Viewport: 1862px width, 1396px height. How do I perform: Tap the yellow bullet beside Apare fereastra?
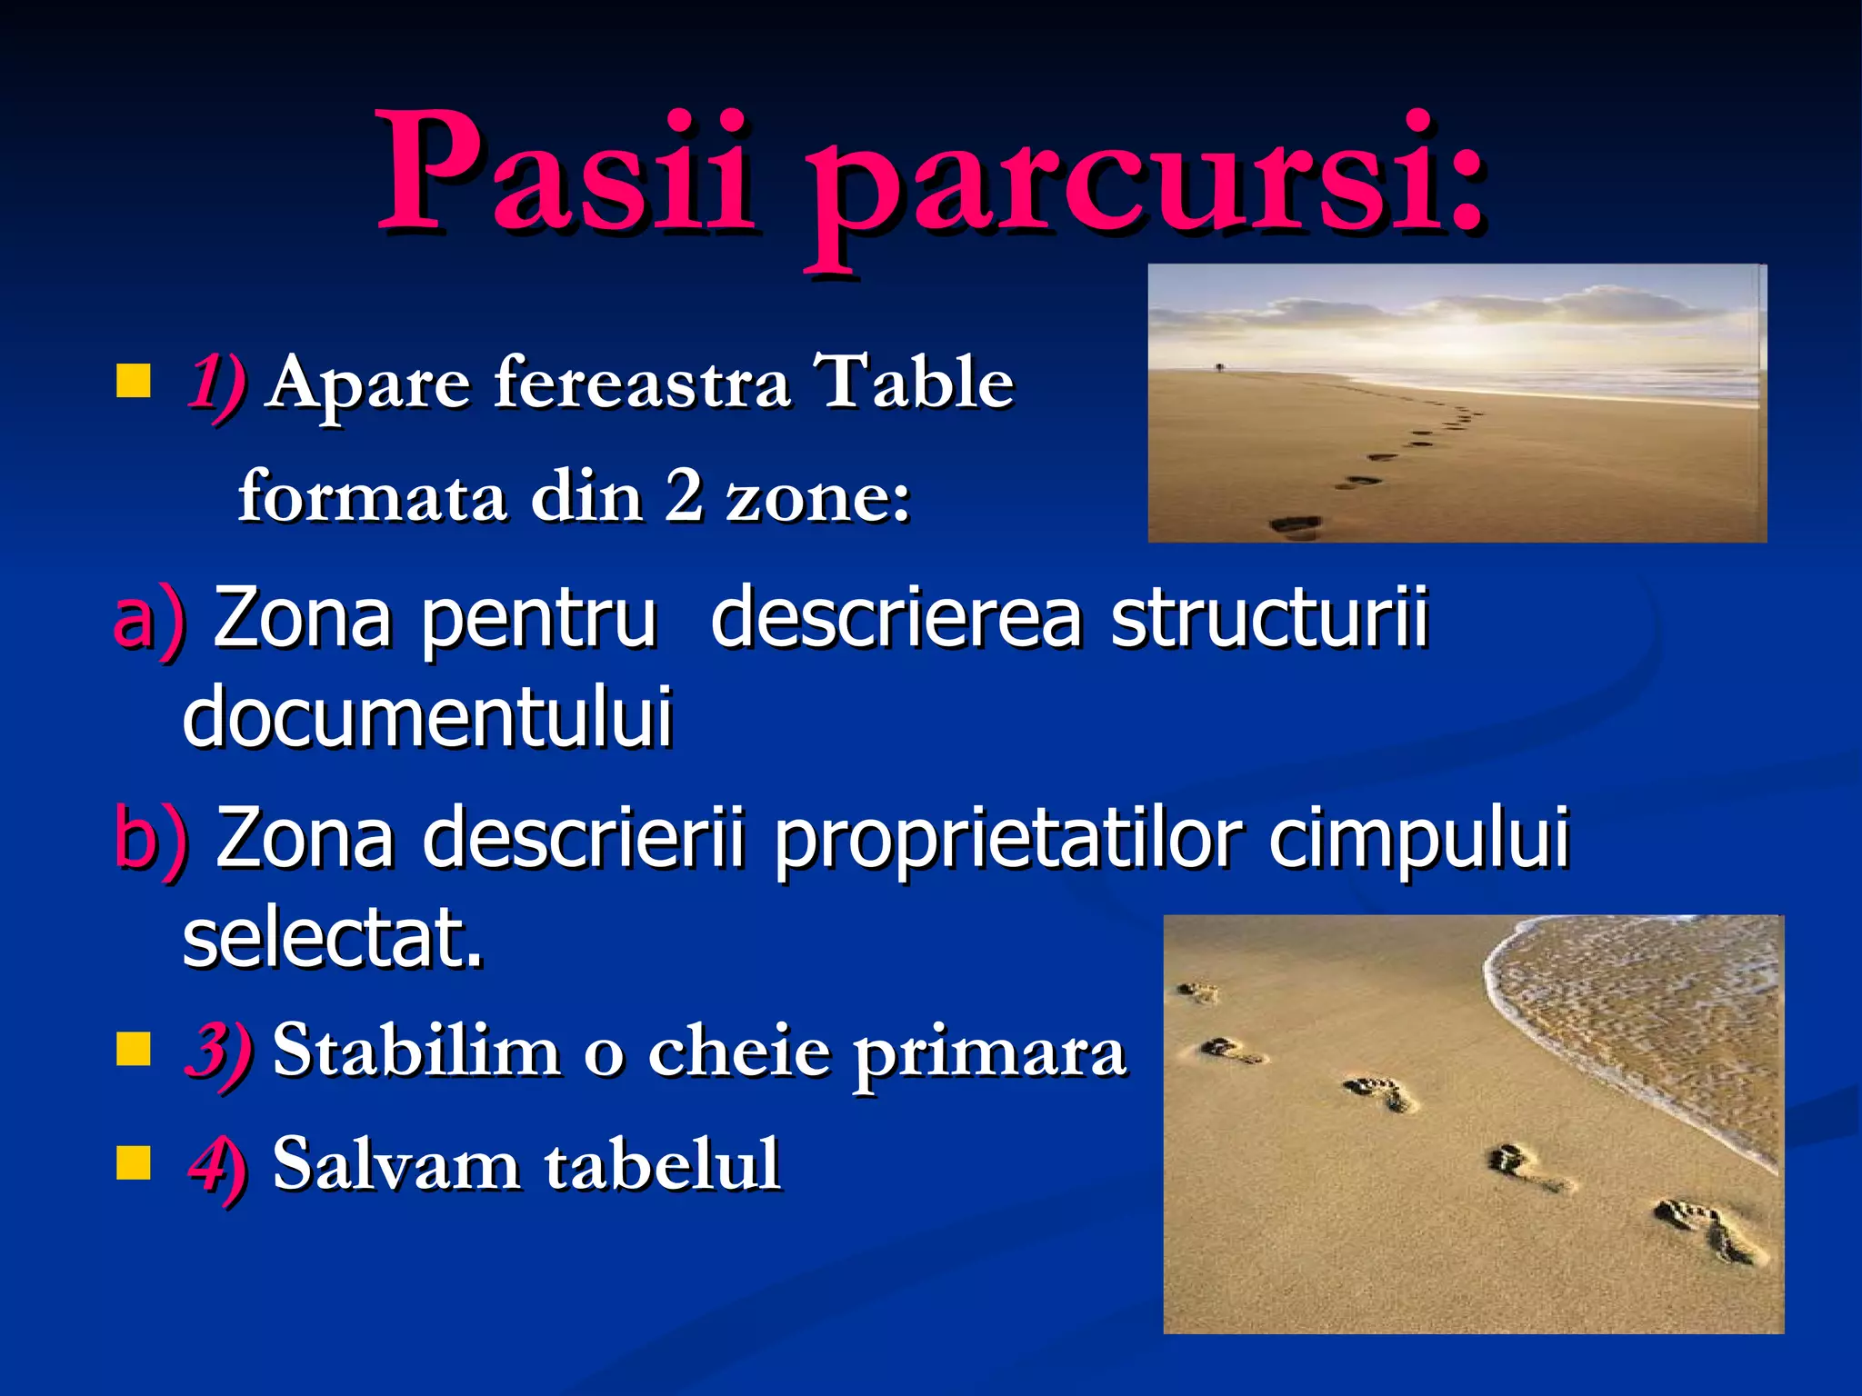click(x=133, y=382)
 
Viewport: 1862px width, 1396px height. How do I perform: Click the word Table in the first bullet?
click(x=914, y=382)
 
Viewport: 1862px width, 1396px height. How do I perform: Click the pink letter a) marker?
click(x=147, y=620)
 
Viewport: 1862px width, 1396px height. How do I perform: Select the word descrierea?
click(x=896, y=618)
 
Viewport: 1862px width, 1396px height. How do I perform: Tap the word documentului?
click(x=427, y=718)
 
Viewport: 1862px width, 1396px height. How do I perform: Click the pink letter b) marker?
click(x=150, y=838)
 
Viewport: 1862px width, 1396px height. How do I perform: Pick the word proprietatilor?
click(x=1005, y=838)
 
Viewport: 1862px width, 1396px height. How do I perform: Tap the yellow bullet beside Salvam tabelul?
click(x=133, y=1162)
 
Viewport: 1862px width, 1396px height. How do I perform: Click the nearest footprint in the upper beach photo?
click(x=1296, y=524)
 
